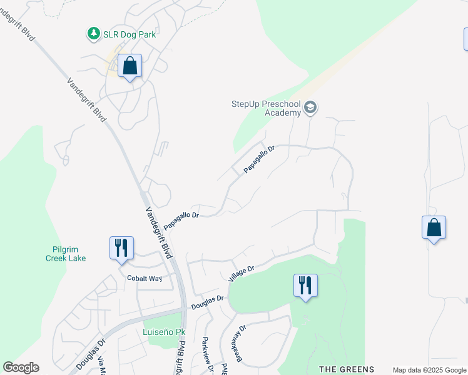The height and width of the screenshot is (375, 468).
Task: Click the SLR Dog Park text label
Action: tap(130, 34)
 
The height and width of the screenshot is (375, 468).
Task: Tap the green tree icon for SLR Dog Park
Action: tap(93, 34)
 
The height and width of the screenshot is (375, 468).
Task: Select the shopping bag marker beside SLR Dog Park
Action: tap(130, 66)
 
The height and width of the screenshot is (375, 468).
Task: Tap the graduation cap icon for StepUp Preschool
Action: tap(310, 109)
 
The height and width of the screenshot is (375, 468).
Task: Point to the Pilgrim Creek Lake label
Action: tap(66, 253)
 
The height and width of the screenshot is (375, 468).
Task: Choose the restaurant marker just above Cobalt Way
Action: tap(121, 248)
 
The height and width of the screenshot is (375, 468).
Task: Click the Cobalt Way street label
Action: tap(145, 278)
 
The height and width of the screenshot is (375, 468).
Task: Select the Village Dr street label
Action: tap(242, 272)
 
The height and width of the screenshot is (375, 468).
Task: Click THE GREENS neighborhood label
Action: tap(347, 369)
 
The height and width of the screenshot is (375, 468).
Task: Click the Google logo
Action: tap(21, 367)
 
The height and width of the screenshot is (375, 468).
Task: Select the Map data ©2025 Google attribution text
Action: tap(429, 370)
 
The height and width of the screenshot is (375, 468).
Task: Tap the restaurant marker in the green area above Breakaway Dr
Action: tap(305, 286)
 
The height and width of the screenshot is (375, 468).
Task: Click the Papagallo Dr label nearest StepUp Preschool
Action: tap(259, 159)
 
